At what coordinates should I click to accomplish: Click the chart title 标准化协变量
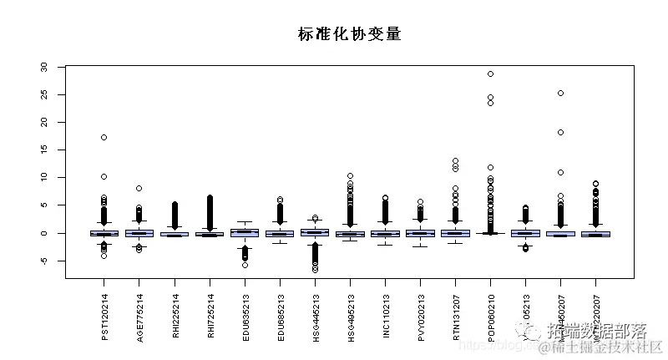(350, 34)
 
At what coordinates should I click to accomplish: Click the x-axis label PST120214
(104, 317)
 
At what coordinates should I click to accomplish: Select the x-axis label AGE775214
(139, 317)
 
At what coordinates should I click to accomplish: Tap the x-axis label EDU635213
(245, 317)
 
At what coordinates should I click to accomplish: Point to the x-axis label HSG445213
(315, 317)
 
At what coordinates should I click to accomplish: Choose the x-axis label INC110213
(385, 317)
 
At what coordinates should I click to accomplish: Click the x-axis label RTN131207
(455, 317)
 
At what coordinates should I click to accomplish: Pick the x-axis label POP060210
(490, 317)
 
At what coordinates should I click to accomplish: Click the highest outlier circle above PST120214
(104, 137)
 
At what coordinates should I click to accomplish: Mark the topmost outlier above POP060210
(490, 74)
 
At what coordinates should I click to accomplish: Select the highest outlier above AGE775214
(139, 188)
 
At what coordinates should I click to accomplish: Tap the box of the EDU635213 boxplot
(245, 233)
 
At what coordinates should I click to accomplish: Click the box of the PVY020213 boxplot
(420, 233)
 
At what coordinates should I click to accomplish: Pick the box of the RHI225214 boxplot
(175, 234)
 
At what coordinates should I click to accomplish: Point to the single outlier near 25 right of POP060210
(560, 93)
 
